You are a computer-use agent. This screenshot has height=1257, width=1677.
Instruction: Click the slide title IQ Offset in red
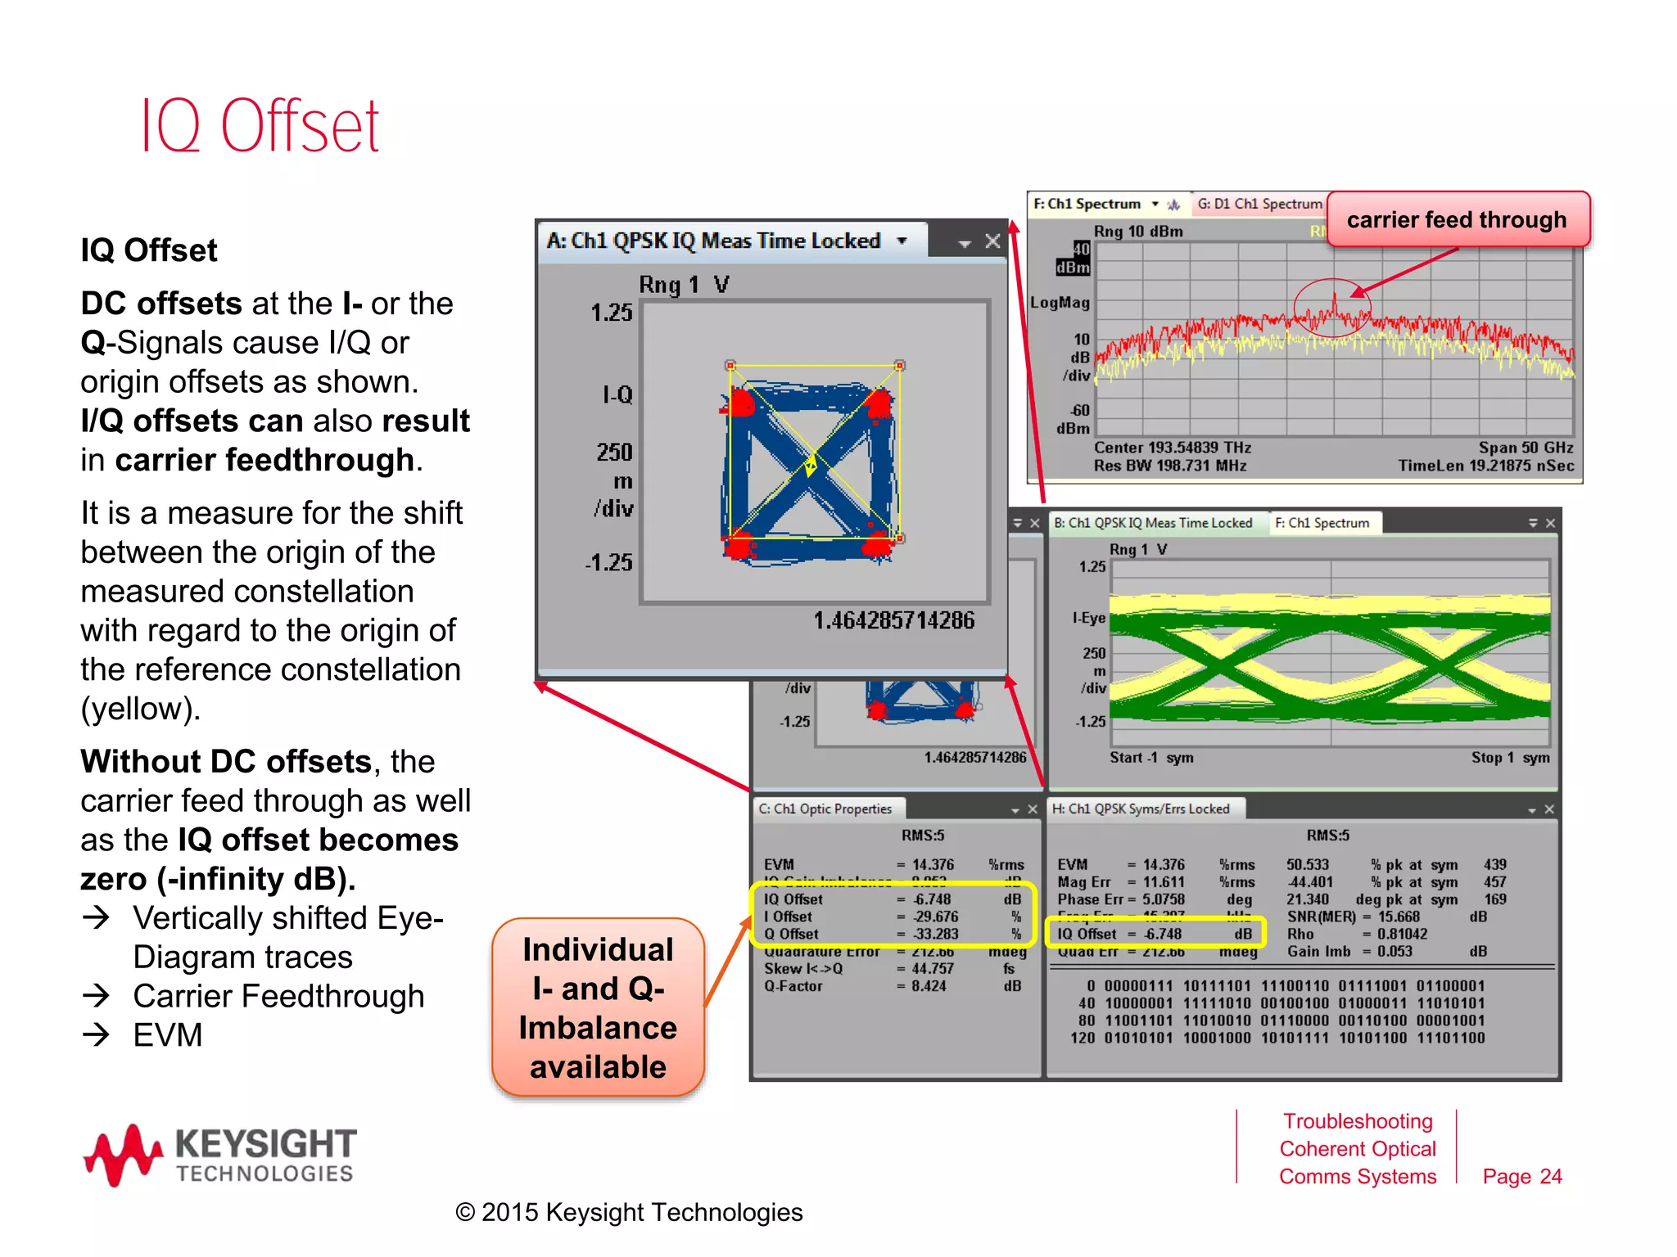pyautogui.click(x=260, y=127)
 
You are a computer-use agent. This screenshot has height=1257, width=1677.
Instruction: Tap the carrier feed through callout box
pyautogui.click(x=1457, y=219)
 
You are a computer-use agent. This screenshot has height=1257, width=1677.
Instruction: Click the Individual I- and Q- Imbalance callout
pyautogui.click(x=598, y=1007)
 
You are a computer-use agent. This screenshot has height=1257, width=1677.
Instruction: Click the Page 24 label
pyautogui.click(x=1521, y=1176)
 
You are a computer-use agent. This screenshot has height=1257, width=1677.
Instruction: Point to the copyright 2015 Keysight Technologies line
pyautogui.click(x=629, y=1212)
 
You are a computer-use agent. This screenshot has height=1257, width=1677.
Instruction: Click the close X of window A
pyautogui.click(x=992, y=241)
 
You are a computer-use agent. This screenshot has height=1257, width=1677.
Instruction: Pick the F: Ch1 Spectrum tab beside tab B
pyautogui.click(x=1322, y=523)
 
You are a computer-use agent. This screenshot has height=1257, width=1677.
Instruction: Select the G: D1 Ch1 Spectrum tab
pyautogui.click(x=1259, y=204)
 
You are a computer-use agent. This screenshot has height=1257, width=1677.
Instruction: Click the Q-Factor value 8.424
pyautogui.click(x=929, y=986)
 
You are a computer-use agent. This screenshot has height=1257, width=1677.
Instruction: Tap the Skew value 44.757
pyautogui.click(x=932, y=969)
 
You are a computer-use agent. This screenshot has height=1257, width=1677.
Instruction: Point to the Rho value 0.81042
pyautogui.click(x=1402, y=934)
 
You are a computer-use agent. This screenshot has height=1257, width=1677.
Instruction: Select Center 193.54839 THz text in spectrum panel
pyautogui.click(x=1172, y=448)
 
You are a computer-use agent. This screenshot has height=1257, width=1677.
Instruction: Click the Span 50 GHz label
pyautogui.click(x=1526, y=448)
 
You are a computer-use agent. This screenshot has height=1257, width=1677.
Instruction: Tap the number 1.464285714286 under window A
pyautogui.click(x=893, y=621)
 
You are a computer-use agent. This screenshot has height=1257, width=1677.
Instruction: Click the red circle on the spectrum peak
pyautogui.click(x=1332, y=308)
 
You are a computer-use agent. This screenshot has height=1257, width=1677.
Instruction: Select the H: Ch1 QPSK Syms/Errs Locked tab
pyautogui.click(x=1141, y=809)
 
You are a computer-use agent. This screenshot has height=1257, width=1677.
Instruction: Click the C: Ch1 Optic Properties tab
pyautogui.click(x=825, y=809)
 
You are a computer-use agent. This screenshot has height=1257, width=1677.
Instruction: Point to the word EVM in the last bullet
pyautogui.click(x=168, y=1035)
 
